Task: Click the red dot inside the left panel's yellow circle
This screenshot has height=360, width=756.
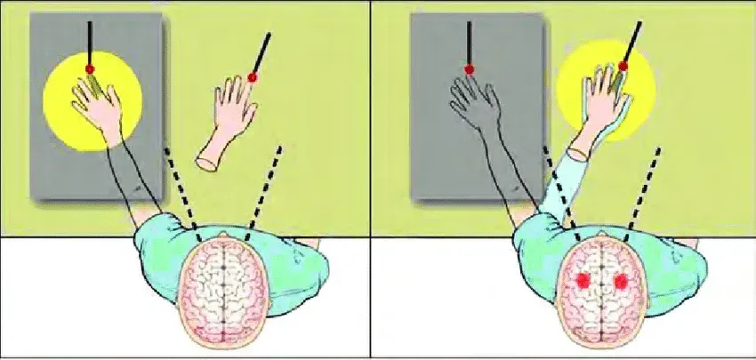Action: coord(89,68)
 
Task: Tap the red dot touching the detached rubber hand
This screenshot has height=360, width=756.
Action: coord(253,78)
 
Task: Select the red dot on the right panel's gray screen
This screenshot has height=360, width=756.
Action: coord(469,68)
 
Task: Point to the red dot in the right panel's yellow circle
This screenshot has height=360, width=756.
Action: coord(623,66)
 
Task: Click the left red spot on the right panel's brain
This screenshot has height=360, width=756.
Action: coord(583,282)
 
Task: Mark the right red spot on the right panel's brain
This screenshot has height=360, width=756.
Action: coord(621,282)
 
